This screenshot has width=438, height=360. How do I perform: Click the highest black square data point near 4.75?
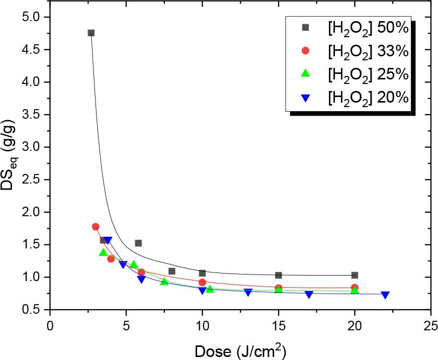91,33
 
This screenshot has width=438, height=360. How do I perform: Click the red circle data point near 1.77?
96,227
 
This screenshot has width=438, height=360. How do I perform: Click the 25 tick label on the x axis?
430,325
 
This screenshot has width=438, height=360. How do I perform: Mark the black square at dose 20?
355,275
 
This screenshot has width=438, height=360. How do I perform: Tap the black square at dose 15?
279,275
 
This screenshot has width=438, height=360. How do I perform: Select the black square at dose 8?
172,271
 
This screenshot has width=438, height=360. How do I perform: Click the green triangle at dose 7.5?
164,281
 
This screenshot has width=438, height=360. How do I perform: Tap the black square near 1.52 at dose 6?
138,243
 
